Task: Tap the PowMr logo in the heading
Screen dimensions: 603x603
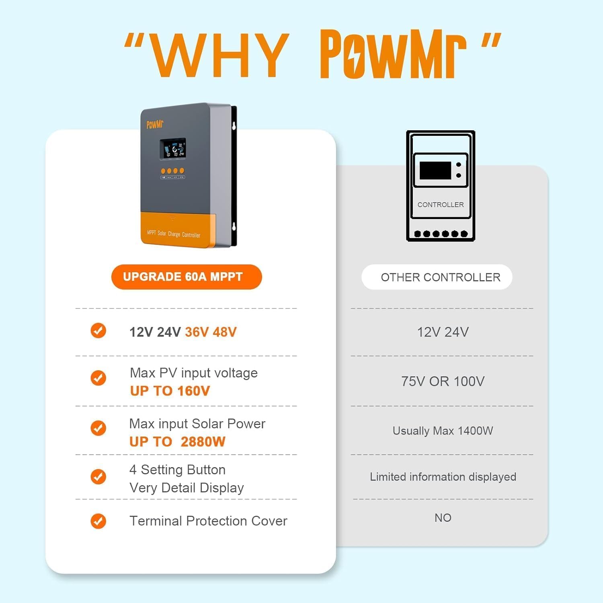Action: pos(393,54)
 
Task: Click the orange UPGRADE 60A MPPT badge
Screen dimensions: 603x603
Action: pos(187,277)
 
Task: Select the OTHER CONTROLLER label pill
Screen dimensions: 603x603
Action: pos(437,277)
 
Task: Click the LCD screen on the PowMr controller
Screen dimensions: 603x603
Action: pos(173,149)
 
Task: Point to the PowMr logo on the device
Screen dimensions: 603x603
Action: pos(155,124)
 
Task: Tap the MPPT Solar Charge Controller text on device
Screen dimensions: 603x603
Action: pos(174,234)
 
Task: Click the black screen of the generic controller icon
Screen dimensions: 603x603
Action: pos(435,170)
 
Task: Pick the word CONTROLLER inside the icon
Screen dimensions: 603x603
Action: pos(441,205)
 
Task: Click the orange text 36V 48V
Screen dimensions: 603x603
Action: pos(211,332)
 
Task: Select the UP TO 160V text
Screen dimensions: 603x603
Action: pos(170,391)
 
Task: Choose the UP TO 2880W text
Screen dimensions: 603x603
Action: pos(177,441)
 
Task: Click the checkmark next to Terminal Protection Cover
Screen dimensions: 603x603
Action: pos(98,521)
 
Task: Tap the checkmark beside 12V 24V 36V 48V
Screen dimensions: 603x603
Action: pos(98,330)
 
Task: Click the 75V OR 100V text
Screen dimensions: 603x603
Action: pos(443,381)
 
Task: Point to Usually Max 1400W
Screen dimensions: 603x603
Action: pos(443,431)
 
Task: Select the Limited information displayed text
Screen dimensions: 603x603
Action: pos(443,477)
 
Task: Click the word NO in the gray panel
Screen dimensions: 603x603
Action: pos(443,518)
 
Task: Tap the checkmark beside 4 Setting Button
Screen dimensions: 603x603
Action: pos(98,477)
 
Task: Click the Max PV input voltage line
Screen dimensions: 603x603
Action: pos(193,373)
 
